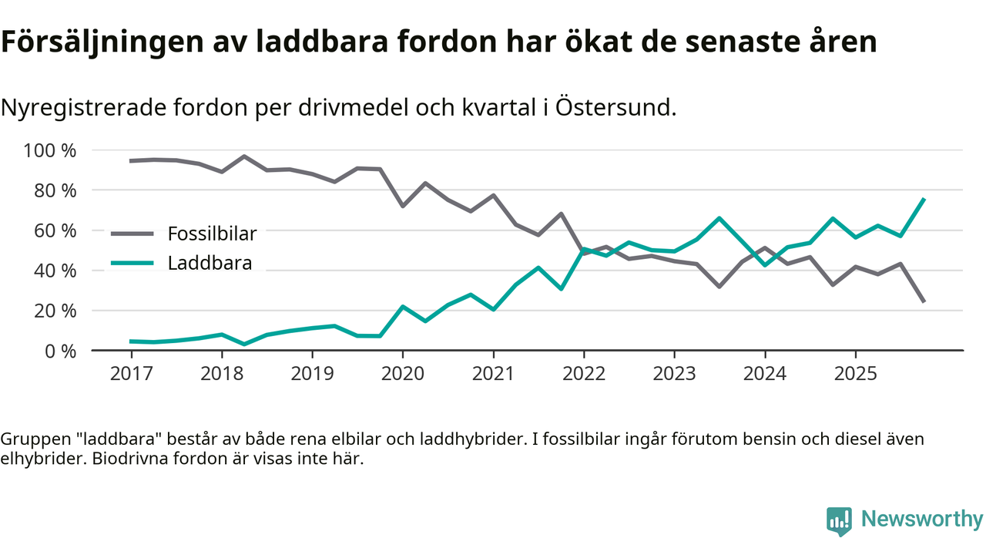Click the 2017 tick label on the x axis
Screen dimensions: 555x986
coord(131,374)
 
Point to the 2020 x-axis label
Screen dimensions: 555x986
coord(402,374)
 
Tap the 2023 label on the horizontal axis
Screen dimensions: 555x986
coord(674,374)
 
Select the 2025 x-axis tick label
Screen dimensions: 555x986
coord(855,374)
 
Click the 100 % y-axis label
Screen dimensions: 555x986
coord(50,150)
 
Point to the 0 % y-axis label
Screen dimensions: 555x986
coord(61,351)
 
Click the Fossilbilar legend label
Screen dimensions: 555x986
coord(212,234)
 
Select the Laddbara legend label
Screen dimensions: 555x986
coord(210,264)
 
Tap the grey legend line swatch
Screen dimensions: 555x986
coord(135,234)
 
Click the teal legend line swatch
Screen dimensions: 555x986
coord(135,264)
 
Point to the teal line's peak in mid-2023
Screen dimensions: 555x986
coord(719,218)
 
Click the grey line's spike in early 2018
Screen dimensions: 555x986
coord(244,156)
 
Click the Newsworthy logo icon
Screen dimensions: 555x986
coord(839,520)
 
